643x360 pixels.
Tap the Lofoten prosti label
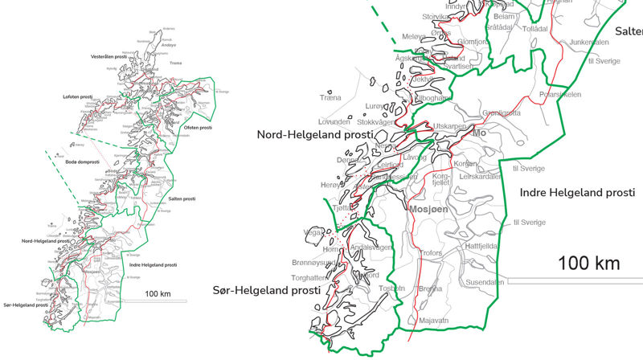[x=79, y=97]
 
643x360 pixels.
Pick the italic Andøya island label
[x=169, y=45]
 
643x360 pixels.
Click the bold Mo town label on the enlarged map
[x=481, y=133]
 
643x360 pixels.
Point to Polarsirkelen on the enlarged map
[x=559, y=94]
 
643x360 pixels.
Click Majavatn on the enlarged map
[x=434, y=321]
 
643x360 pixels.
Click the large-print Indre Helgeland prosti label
[x=577, y=193]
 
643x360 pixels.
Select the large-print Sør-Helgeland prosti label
[x=263, y=290]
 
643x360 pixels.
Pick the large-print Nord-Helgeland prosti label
[x=315, y=135]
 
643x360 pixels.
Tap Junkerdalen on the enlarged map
[x=589, y=43]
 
